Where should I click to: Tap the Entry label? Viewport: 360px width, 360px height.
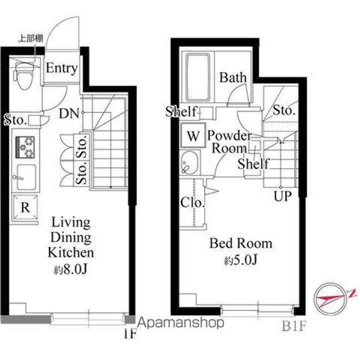coord(62,68)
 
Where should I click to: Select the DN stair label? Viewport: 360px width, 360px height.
coord(69,113)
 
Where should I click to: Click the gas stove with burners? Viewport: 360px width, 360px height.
coord(25,147)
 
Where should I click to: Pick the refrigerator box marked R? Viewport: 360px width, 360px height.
coord(25,207)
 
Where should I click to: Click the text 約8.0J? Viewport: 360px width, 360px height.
coord(70,270)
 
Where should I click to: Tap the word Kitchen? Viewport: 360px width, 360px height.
coord(70,252)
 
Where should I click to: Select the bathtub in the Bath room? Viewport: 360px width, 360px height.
coord(197,77)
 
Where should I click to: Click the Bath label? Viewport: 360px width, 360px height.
coord(233,77)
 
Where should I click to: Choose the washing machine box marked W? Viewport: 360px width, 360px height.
coord(193,135)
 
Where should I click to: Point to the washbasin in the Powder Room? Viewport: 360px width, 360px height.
coord(189,162)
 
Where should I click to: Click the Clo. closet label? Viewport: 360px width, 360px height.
coord(192,202)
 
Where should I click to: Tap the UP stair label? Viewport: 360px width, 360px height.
coord(282,196)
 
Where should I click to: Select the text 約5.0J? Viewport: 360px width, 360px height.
coord(240,260)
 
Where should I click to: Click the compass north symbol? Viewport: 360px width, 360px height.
coord(330,299)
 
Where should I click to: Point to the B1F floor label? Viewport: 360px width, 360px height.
coord(294,326)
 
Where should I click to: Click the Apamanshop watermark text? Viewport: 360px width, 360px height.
coord(180,322)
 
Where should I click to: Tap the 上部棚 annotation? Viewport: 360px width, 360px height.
coord(30,38)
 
